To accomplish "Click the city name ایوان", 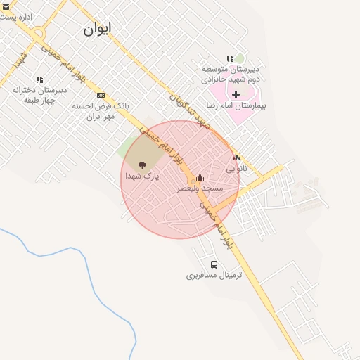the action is (97, 29).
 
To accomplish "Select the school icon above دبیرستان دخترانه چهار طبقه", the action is (39, 79).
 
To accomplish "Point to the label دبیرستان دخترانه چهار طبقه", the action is (39, 95).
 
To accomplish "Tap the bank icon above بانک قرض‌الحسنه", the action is (101, 95).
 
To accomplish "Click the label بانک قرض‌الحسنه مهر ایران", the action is (101, 111).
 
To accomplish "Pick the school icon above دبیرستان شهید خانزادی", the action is (230, 59).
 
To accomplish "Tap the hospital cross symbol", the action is (236, 94).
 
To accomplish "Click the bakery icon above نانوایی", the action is (236, 158).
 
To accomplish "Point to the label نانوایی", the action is (236, 169).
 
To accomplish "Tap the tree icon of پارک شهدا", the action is (143, 165).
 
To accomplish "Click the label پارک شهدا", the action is (143, 176).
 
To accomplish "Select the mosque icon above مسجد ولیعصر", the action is (200, 177).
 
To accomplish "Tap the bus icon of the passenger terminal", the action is (214, 264).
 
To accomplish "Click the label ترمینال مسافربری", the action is (214, 275).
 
